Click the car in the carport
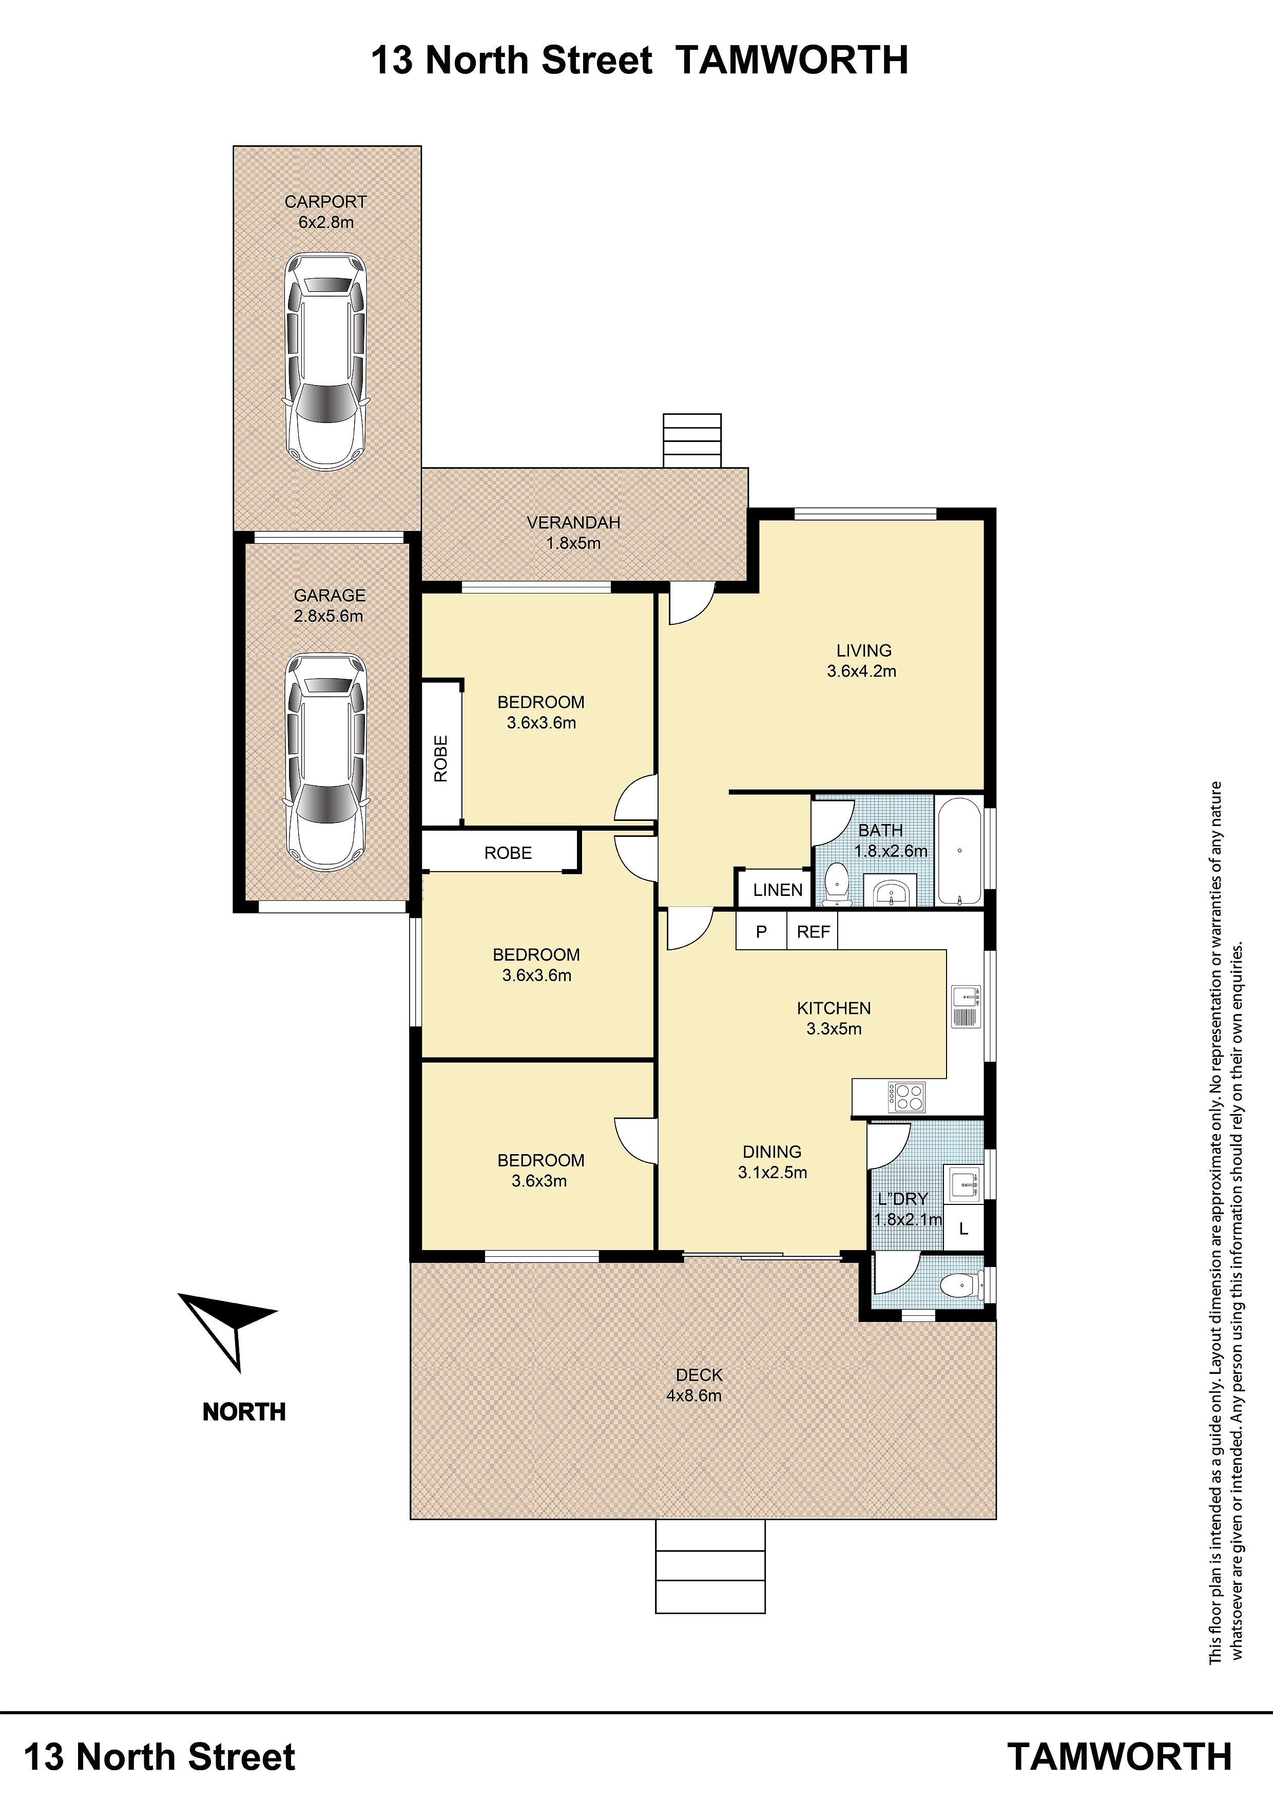[325, 361]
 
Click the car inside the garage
[325, 762]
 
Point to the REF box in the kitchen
[813, 932]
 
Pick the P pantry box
[761, 932]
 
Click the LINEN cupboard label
[777, 890]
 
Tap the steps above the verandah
[692, 441]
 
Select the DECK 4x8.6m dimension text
[694, 1395]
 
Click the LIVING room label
[863, 650]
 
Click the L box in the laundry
[963, 1229]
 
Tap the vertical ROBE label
[441, 758]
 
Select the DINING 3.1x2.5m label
[773, 1162]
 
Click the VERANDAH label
[573, 523]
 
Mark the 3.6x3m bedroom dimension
[539, 1180]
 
